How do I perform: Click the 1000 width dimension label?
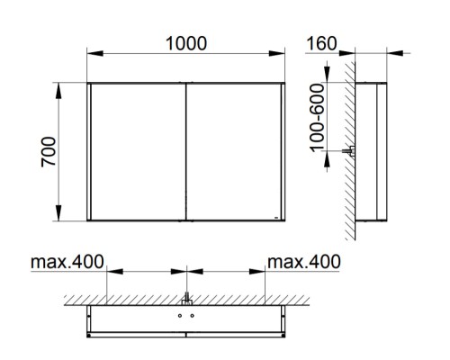coord(186,43)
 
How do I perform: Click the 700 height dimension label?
coord(49,151)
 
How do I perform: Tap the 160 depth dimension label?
coord(321,43)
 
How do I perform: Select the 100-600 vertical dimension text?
coord(318,118)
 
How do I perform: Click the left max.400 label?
coord(67,262)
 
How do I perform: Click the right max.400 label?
coord(304,262)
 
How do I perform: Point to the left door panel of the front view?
coord(139,151)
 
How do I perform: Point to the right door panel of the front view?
coord(234,151)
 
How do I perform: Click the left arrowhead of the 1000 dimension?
coord(95,53)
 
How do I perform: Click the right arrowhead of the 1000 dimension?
coord(276,53)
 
